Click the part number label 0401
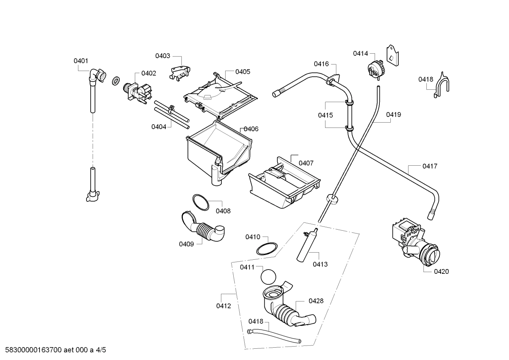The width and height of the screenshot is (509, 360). click(81, 61)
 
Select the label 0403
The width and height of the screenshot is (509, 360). click(163, 56)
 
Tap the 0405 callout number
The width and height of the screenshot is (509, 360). click(243, 72)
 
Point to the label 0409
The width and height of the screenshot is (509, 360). click(186, 244)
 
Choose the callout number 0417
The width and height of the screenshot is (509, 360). click(430, 166)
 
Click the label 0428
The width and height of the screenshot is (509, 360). click(316, 301)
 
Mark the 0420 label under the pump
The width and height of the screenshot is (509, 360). click(441, 271)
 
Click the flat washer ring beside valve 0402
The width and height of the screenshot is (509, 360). click(116, 81)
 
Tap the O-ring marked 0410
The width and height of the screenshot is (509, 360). click(267, 249)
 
